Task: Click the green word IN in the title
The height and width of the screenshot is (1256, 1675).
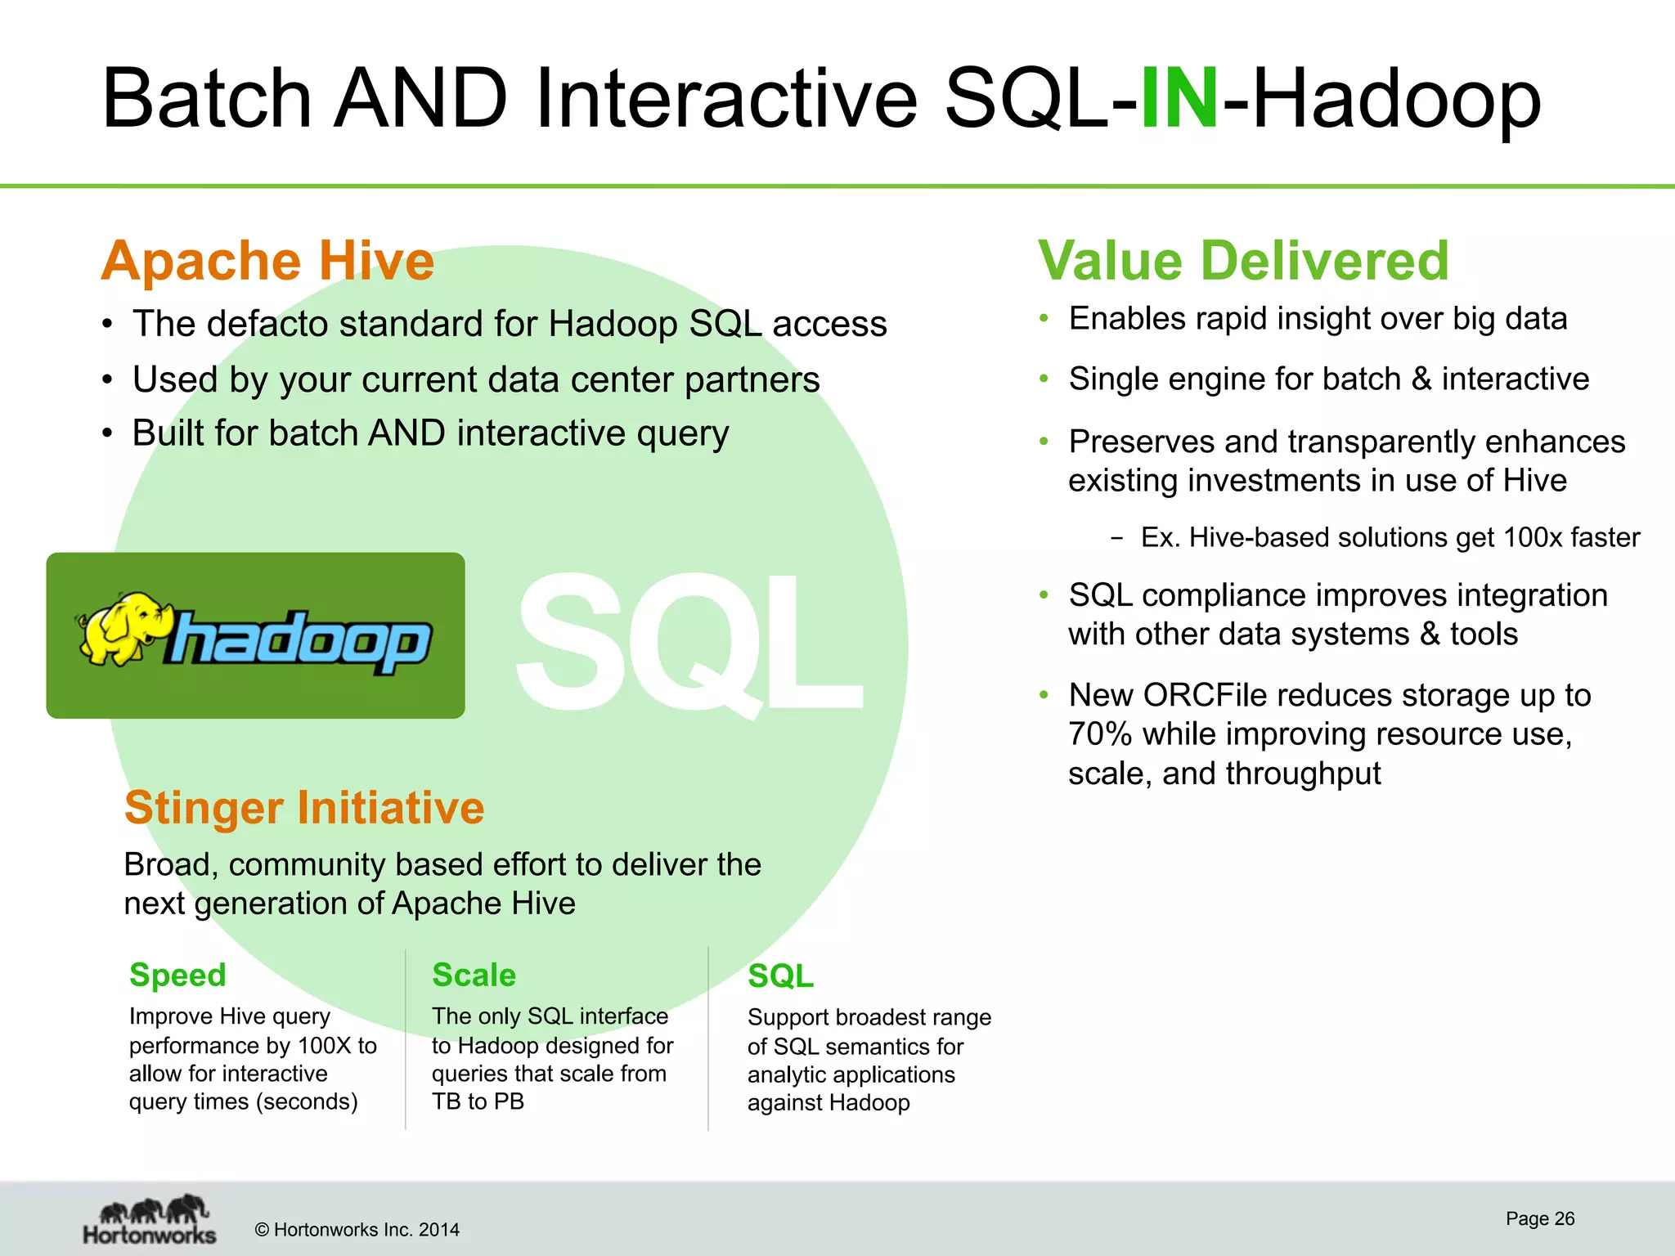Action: click(1179, 100)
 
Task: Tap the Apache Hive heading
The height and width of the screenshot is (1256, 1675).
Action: click(267, 262)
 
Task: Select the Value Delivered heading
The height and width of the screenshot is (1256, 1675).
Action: click(1243, 262)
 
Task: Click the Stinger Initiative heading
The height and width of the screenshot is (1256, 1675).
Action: click(304, 808)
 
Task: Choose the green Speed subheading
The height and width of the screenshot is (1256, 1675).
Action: click(177, 976)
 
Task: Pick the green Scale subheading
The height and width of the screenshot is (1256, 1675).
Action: click(474, 976)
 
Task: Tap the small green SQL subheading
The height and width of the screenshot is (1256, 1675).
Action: click(780, 976)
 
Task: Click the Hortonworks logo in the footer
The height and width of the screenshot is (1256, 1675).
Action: click(150, 1220)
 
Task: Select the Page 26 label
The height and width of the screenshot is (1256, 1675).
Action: click(1540, 1218)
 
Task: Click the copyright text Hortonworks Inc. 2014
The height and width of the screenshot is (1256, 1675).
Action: click(357, 1230)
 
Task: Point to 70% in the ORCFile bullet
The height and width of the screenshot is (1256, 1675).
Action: click(1099, 734)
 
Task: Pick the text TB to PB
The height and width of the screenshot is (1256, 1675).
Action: click(478, 1102)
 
